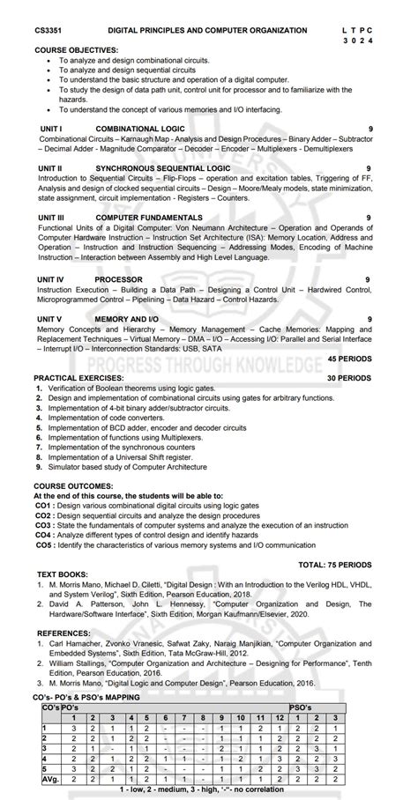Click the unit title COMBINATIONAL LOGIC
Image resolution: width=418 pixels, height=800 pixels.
140,129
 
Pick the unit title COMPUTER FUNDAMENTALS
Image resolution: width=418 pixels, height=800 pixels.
148,217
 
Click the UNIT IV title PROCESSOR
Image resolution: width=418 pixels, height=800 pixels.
118,279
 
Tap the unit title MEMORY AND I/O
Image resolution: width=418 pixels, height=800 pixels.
127,318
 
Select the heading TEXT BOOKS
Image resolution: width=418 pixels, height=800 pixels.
62,574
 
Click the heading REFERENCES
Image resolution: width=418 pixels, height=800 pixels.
63,633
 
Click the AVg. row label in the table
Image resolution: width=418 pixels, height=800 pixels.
49,779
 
